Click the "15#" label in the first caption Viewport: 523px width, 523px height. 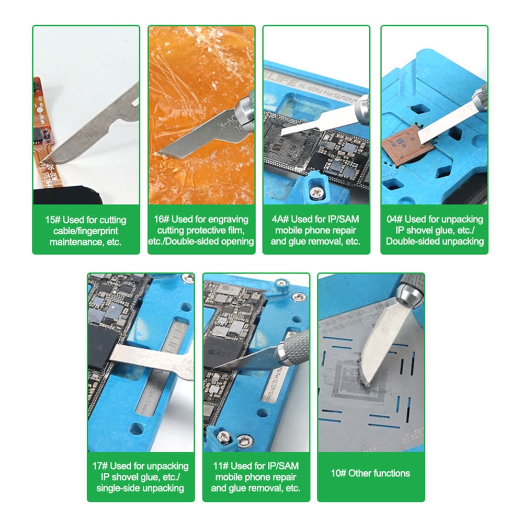point(52,220)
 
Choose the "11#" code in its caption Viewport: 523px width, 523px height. point(222,465)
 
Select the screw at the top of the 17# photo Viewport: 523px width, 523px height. point(184,279)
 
